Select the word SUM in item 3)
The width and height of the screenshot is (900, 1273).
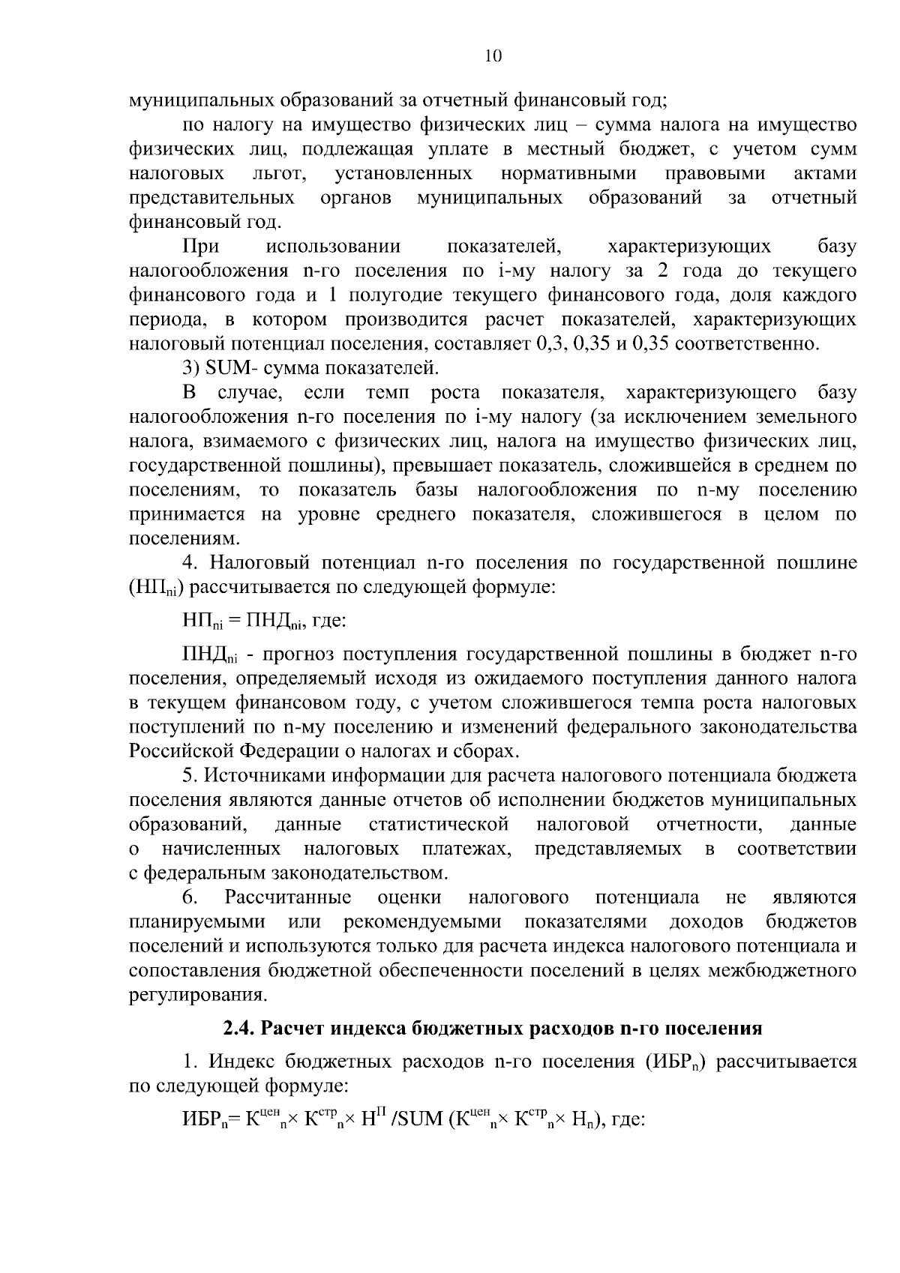(x=223, y=368)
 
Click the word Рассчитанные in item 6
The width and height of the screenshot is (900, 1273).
(x=288, y=897)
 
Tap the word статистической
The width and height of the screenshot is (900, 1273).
(x=439, y=825)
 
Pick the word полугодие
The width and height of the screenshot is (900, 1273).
(x=386, y=295)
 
